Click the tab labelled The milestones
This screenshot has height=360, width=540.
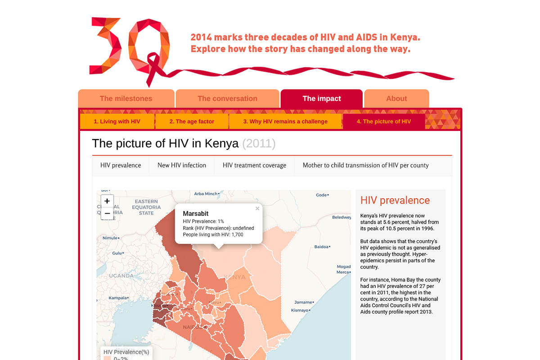point(126,99)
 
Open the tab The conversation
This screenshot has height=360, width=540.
point(227,99)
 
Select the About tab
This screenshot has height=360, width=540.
point(396,99)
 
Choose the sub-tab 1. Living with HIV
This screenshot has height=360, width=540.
point(117,121)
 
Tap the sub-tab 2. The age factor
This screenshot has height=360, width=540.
point(192,121)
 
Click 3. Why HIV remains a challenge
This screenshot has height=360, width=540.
point(285,121)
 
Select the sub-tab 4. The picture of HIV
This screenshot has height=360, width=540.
point(384,121)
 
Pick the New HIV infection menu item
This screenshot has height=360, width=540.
point(182,165)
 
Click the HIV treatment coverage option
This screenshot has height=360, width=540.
point(254,165)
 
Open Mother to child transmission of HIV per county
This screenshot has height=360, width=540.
point(365,165)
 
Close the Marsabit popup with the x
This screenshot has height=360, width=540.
point(257,208)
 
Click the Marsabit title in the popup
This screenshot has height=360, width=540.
point(196,214)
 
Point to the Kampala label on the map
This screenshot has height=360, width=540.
point(118,298)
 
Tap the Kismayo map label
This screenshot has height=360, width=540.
point(300,310)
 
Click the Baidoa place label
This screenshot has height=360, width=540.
point(321,247)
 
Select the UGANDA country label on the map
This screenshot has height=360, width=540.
point(121,275)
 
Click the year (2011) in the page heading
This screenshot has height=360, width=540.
point(259,144)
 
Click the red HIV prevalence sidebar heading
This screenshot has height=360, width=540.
point(395,201)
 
